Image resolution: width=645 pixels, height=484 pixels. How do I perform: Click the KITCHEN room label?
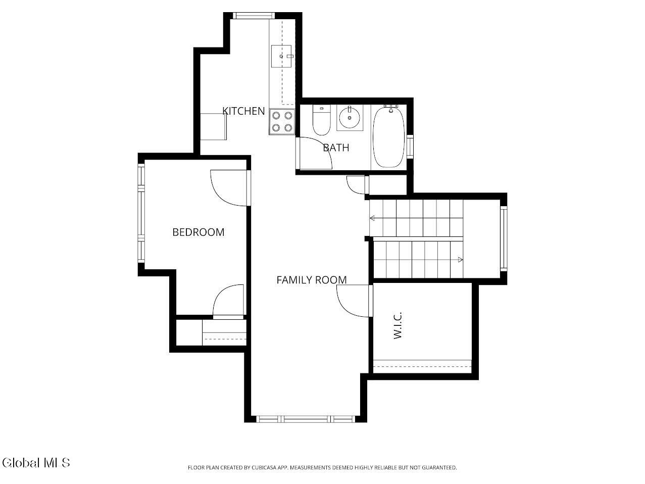243,111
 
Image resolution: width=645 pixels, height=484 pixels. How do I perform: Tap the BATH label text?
336,148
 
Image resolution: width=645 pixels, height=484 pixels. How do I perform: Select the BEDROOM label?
199,232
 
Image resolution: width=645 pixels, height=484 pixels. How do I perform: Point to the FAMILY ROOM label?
312,280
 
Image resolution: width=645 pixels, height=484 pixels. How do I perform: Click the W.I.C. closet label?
398,325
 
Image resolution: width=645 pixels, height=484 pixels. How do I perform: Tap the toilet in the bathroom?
321,120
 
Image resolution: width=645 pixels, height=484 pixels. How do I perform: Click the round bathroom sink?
350,118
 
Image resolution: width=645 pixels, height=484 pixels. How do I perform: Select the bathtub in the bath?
389,137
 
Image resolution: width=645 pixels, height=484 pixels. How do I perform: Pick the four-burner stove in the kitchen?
282,122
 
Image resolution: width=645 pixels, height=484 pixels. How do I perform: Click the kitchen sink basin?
281,56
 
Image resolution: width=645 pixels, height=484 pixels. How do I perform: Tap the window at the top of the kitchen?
254,16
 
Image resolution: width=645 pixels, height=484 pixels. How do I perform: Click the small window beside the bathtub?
410,147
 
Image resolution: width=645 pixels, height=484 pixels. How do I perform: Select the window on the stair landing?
504,238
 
